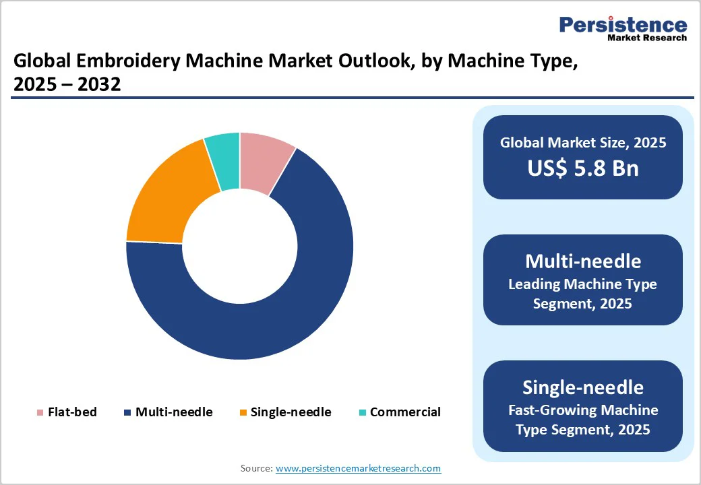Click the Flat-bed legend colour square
tap(40, 412)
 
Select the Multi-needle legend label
tap(174, 412)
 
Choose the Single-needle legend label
tap(291, 412)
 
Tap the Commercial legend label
tap(405, 412)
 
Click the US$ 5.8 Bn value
tap(583, 168)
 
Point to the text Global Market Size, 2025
tap(583, 142)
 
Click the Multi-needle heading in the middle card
tap(583, 261)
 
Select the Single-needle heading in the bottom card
tap(583, 387)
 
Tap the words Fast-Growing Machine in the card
tap(583, 410)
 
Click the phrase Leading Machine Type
tap(583, 284)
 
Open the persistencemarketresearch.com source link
tap(358, 468)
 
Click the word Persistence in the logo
tap(623, 25)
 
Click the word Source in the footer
tap(256, 468)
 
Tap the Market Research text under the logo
tap(647, 38)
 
